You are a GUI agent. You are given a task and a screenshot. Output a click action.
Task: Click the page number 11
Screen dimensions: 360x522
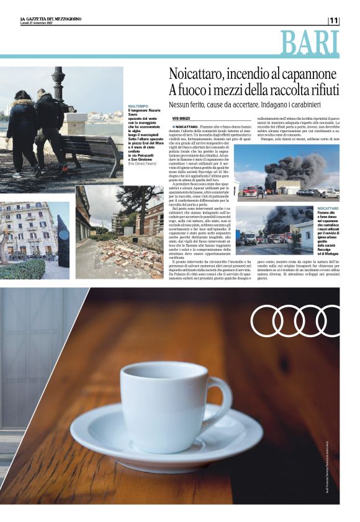334,20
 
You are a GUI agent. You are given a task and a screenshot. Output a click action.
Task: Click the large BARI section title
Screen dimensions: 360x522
310,42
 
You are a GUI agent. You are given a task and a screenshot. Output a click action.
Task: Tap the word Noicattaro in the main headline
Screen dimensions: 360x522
197,73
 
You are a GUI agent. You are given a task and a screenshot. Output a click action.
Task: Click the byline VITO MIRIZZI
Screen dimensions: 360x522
181,118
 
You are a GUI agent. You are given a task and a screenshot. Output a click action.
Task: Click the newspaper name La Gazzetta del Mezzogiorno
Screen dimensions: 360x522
50,19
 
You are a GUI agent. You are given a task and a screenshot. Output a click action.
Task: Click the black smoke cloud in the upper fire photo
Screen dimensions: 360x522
304,166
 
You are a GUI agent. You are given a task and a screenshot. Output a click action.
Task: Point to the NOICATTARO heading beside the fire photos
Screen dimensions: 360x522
328,209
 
